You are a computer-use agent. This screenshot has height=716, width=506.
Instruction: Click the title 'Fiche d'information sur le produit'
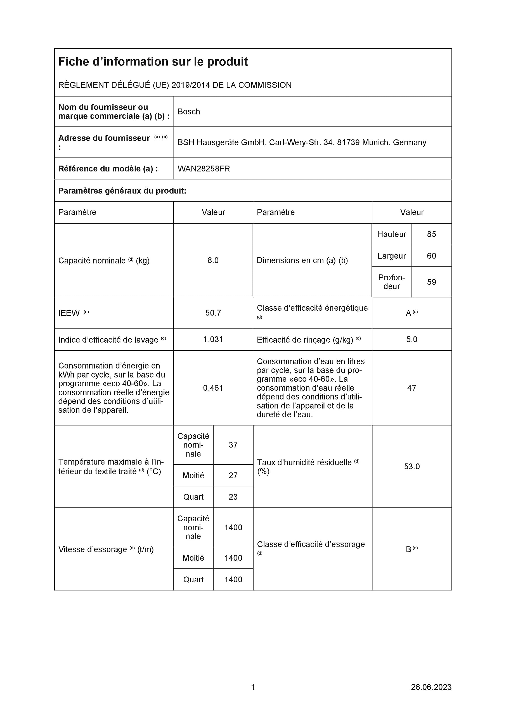(x=153, y=62)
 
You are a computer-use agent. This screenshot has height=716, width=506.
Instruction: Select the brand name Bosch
(x=189, y=112)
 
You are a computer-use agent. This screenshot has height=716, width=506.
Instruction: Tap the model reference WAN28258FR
(x=204, y=169)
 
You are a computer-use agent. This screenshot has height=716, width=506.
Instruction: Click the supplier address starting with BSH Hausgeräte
(x=301, y=143)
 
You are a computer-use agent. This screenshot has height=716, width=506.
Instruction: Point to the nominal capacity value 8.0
(x=213, y=260)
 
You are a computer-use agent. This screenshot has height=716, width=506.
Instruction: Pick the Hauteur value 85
(x=431, y=234)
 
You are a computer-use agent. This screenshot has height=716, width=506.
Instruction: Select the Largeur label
(x=392, y=256)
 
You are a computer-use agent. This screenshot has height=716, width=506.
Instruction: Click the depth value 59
(x=431, y=282)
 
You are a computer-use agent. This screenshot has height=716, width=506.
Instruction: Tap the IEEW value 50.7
(x=213, y=313)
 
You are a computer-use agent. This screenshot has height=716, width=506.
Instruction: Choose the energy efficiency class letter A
(x=408, y=313)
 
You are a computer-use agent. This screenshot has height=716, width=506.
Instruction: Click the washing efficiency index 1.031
(x=213, y=339)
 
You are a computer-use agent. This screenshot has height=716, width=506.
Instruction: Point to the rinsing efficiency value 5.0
(x=412, y=339)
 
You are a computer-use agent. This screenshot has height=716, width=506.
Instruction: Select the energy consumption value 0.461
(x=213, y=388)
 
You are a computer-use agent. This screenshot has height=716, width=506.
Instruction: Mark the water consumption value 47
(x=412, y=388)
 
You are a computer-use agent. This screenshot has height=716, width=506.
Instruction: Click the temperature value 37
(x=233, y=445)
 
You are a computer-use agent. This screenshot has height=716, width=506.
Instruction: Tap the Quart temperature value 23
(x=233, y=497)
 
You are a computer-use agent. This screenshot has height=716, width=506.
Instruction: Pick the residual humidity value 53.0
(x=412, y=467)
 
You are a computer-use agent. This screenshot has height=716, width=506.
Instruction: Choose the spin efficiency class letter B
(x=408, y=550)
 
